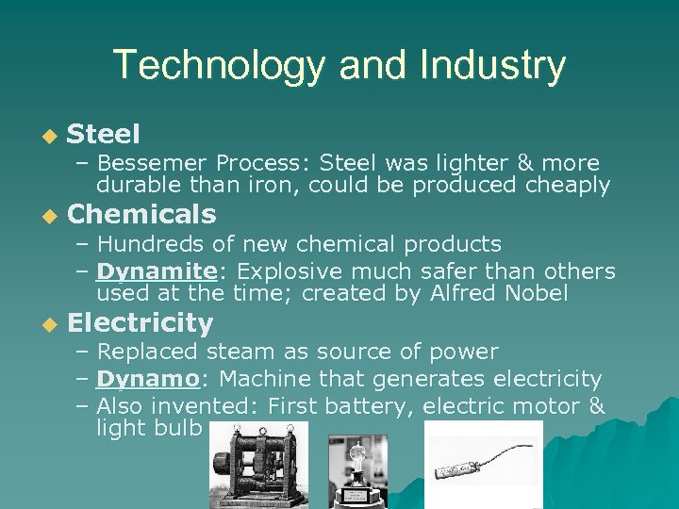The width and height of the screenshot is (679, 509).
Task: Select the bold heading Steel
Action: coord(104,134)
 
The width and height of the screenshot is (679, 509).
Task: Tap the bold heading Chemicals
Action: coord(141,214)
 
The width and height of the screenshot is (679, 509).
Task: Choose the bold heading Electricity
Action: coord(141,323)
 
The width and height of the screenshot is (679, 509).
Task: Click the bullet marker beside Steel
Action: coord(50,136)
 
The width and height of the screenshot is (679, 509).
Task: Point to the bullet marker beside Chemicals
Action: coord(50,216)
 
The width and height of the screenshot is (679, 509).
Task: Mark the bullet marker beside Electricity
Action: coord(50,325)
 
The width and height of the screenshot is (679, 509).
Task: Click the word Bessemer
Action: coord(152,163)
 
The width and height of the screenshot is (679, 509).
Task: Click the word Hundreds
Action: coord(151,244)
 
